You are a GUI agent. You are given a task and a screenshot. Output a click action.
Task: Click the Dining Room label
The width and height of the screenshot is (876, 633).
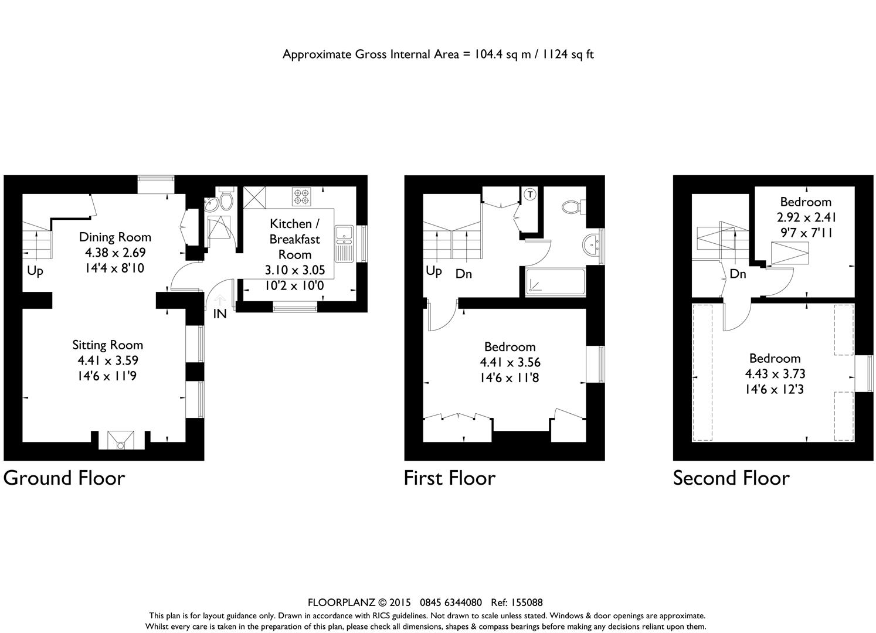pyautogui.click(x=115, y=237)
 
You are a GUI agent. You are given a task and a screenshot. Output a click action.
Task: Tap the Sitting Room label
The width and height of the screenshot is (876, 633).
pyautogui.click(x=107, y=345)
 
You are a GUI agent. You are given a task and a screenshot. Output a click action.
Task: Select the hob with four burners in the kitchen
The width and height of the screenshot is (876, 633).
pyautogui.click(x=301, y=196)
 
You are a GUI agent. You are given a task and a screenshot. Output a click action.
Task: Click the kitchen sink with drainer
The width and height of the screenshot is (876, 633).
pyautogui.click(x=344, y=244)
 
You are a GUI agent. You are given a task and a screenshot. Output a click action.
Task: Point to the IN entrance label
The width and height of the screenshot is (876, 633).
pyautogui.click(x=220, y=314)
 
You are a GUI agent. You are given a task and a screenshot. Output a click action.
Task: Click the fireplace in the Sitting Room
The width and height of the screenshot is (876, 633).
pyautogui.click(x=121, y=440)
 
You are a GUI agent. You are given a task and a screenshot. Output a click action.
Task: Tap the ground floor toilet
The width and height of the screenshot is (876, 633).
pyautogui.click(x=226, y=199)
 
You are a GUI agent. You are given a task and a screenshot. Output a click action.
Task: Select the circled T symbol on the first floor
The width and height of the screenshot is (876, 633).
pyautogui.click(x=530, y=194)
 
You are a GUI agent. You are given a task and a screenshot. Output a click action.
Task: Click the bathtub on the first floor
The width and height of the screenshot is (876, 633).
pyautogui.click(x=555, y=281)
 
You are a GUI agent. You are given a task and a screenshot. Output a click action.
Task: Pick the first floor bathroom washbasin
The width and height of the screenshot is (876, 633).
pyautogui.click(x=592, y=245)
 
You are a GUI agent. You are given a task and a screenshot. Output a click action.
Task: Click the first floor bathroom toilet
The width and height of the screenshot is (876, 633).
pyautogui.click(x=574, y=206)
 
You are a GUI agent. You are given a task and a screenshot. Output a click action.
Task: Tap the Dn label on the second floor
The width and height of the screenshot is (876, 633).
pyautogui.click(x=738, y=274)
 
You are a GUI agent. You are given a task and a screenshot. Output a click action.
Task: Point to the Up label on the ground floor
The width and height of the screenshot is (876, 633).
pyautogui.click(x=35, y=271)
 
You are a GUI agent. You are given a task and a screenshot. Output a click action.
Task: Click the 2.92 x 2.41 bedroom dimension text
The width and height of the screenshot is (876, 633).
pyautogui.click(x=806, y=217)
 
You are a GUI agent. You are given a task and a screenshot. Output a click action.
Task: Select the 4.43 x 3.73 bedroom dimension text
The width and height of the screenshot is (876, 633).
pyautogui.click(x=775, y=374)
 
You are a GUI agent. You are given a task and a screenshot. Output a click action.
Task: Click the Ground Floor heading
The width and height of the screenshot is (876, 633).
pyautogui.click(x=64, y=478)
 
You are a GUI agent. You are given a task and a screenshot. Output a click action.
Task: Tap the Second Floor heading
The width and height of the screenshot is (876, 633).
pyautogui.click(x=731, y=478)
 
